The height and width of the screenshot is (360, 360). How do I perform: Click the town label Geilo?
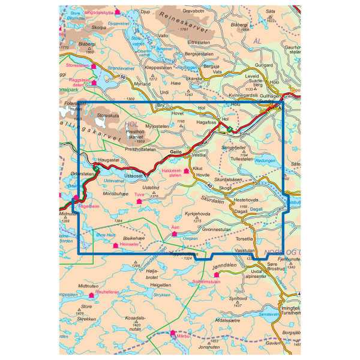pyautogui.click(x=176, y=152)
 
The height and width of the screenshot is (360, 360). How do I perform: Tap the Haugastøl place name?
pyautogui.click(x=110, y=161)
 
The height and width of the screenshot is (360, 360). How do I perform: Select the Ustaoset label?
pyautogui.click(x=134, y=175)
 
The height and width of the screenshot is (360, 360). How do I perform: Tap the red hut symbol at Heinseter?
pyautogui.click(x=115, y=245)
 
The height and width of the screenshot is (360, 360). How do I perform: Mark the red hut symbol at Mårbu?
pyautogui.click(x=173, y=332)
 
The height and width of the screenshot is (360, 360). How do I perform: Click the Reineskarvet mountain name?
pyautogui.click(x=183, y=22)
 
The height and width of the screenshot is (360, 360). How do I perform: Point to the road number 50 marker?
pyautogui.click(x=123, y=77)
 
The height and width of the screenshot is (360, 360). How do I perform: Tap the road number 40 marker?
pyautogui.click(x=208, y=185)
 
